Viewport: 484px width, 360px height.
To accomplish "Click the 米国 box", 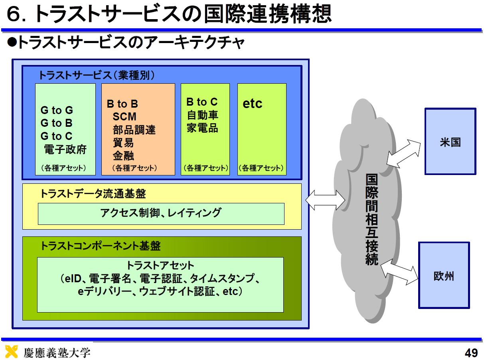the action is tap(450, 141).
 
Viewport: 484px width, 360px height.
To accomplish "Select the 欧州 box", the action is tap(444, 275).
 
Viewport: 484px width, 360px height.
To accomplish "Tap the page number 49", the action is tap(471, 352).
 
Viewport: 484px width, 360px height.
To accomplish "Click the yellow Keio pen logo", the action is tap(11, 351).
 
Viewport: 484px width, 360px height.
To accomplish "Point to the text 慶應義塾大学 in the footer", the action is tap(57, 352).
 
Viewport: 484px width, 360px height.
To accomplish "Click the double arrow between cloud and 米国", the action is tap(403, 154).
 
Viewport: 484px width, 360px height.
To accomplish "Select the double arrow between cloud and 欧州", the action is tap(399, 272).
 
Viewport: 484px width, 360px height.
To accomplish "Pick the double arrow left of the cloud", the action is tap(325, 200).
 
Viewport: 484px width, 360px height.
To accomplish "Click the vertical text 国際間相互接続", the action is tap(371, 219).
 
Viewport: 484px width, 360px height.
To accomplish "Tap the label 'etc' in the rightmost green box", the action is tap(253, 103).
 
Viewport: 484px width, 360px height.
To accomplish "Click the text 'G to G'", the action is tap(57, 110).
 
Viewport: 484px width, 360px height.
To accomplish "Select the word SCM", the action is tap(124, 116).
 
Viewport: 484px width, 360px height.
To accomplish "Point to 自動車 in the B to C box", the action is tap(203, 115).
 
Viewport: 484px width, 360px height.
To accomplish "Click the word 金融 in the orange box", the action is tap(123, 156).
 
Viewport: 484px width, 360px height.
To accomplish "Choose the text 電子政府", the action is tap(65, 150).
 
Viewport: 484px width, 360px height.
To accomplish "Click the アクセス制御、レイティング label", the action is tap(161, 212).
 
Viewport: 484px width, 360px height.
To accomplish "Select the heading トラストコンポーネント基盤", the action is tap(101, 246).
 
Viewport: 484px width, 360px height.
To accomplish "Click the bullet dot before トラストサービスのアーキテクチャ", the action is tap(12, 42).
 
